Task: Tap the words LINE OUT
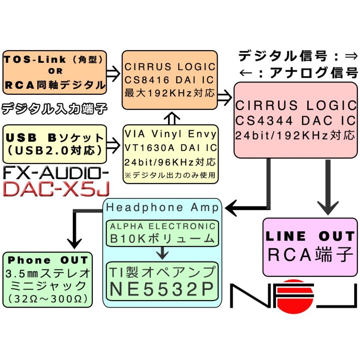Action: click(310, 236)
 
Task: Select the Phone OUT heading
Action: click(48, 260)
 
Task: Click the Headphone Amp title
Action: click(162, 207)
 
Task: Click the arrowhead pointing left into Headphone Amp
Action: click(234, 208)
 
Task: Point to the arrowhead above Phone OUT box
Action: click(74, 242)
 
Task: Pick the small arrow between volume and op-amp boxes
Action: click(162, 253)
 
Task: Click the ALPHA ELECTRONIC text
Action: click(162, 226)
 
